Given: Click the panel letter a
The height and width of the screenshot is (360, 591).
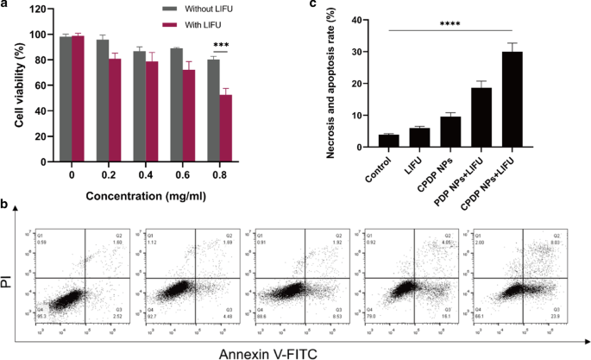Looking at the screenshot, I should pos(5,6).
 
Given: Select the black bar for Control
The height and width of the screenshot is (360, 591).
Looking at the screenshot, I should pos(388,141).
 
